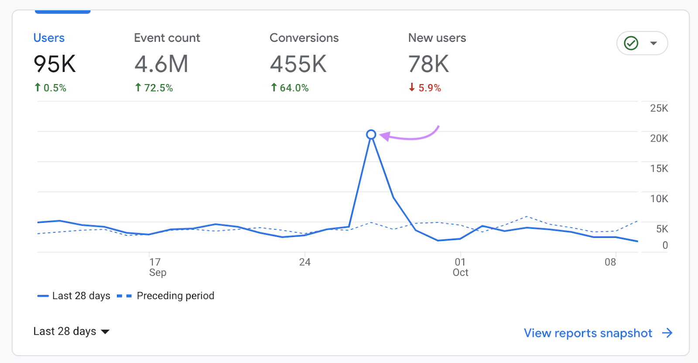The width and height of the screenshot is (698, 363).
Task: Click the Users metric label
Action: point(49,38)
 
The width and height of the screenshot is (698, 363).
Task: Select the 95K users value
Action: point(55,64)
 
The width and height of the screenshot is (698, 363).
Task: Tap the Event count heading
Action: point(167,38)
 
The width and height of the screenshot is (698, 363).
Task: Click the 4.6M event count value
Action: point(161,64)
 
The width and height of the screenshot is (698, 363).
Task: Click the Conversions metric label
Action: point(304,38)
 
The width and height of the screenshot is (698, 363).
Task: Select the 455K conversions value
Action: point(298,64)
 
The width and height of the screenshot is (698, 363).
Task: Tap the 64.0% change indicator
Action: point(290,88)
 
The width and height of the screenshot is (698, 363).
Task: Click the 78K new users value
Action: point(428,64)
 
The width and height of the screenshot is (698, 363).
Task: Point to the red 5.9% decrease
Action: point(425,88)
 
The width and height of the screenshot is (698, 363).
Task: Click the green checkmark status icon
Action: point(631,43)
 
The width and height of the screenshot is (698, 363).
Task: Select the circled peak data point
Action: point(371,135)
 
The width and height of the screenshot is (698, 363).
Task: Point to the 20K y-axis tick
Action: point(659,139)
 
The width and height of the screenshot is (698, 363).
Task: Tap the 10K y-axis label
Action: point(659,199)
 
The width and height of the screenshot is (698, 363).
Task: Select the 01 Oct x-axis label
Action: point(460,267)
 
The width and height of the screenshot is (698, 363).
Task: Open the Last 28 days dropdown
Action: point(71,332)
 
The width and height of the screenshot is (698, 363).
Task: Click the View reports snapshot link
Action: point(597,333)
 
